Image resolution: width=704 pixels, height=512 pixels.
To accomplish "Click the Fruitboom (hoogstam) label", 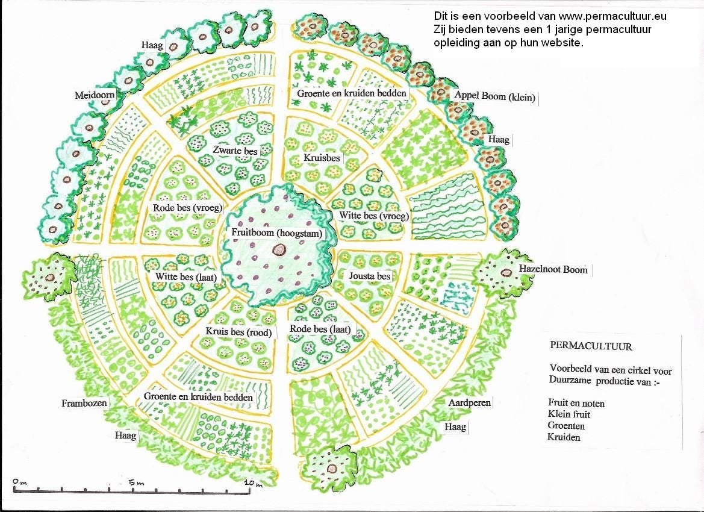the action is click(277, 233).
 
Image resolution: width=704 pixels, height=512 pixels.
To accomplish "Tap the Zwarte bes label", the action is click(235, 151).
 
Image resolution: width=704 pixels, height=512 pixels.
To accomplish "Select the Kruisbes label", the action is click(322, 158).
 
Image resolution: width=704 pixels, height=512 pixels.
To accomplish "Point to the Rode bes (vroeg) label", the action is click(188, 208).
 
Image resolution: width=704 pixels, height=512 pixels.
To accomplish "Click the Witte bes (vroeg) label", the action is click(374, 216).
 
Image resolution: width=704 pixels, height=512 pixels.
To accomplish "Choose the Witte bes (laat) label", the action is click(186, 276).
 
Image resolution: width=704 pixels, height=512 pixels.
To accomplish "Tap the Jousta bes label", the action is click(370, 276).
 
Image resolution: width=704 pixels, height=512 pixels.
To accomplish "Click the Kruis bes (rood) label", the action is click(239, 332).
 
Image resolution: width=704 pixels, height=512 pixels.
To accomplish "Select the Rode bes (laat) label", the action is click(320, 329).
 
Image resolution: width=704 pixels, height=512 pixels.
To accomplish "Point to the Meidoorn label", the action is click(95, 95).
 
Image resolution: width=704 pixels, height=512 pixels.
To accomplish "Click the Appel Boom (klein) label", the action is click(495, 96).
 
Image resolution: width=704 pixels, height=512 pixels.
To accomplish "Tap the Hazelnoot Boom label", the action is click(553, 269).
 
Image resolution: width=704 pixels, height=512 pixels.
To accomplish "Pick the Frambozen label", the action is click(84, 403).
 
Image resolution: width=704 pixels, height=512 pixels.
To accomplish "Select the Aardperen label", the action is click(470, 403).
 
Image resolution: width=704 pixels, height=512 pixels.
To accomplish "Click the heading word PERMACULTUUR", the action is click(591, 346).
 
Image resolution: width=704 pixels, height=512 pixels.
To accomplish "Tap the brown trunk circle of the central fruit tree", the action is click(279, 249).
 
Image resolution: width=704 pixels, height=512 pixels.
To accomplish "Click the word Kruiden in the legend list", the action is click(564, 437).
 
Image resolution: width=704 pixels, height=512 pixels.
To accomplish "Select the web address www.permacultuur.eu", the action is click(612, 16).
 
